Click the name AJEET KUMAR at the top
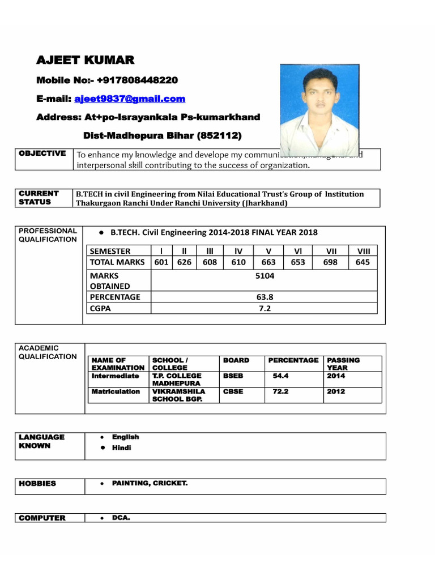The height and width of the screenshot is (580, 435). coord(86,61)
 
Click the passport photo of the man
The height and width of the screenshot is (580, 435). coord(319,109)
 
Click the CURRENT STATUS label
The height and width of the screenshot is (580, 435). coord(39,198)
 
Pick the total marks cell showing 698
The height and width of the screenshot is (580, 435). coord(330,262)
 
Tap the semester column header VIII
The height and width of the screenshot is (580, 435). coord(362,251)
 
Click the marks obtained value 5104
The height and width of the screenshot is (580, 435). coord(264,276)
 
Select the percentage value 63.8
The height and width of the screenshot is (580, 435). coord(264,297)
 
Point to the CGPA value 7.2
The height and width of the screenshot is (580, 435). coord(264,308)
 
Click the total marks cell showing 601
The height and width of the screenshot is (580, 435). coord(162,262)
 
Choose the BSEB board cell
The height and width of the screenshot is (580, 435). coord(233,376)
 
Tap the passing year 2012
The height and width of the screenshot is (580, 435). coord(336,391)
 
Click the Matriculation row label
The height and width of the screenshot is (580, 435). coord(116,391)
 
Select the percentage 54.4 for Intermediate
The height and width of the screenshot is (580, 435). coord(281,376)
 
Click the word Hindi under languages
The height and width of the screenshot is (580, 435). coord(121,448)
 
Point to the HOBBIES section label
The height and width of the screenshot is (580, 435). coord(37,484)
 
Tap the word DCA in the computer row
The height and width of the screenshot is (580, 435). coord(121,518)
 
